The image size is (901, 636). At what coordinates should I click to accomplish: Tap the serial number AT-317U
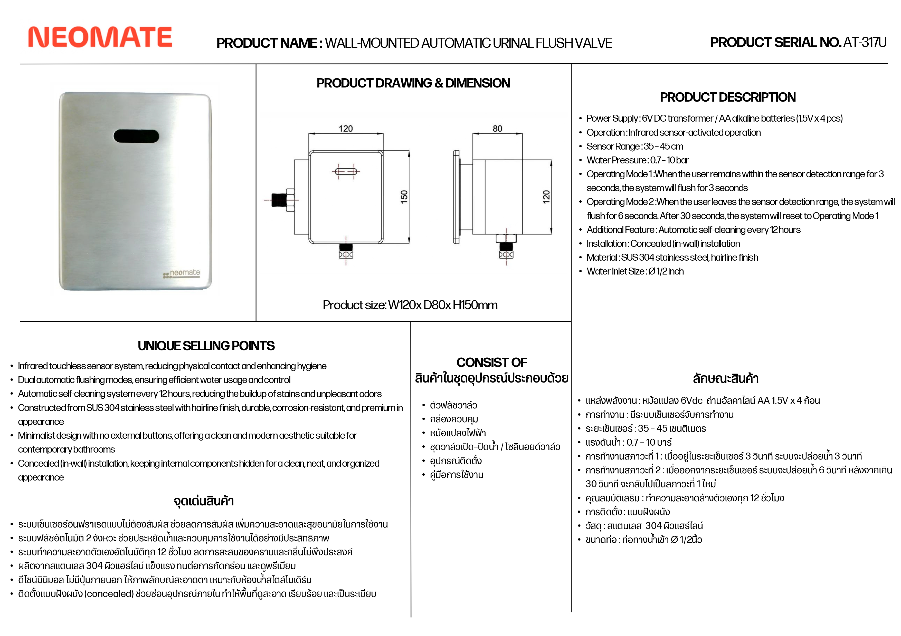pos(865,42)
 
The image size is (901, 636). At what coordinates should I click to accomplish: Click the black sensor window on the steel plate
pos(136,136)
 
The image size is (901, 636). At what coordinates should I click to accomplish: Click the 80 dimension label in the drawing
pos(497,129)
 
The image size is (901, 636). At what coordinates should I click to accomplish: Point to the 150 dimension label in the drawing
pos(404,197)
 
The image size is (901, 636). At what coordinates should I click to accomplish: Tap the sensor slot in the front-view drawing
pos(346,171)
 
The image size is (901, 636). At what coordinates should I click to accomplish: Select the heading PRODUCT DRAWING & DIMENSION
pos(413,83)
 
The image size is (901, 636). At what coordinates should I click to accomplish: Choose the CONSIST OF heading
pos(492,362)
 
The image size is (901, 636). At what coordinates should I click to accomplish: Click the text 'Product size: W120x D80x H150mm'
pos(410,305)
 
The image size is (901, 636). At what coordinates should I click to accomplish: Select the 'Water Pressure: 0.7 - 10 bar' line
pos(637,160)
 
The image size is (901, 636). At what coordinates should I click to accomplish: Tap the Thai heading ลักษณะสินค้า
pos(726,379)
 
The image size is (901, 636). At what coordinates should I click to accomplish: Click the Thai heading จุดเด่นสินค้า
pos(204,501)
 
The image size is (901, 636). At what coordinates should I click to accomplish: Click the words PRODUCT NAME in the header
pos(269,43)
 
